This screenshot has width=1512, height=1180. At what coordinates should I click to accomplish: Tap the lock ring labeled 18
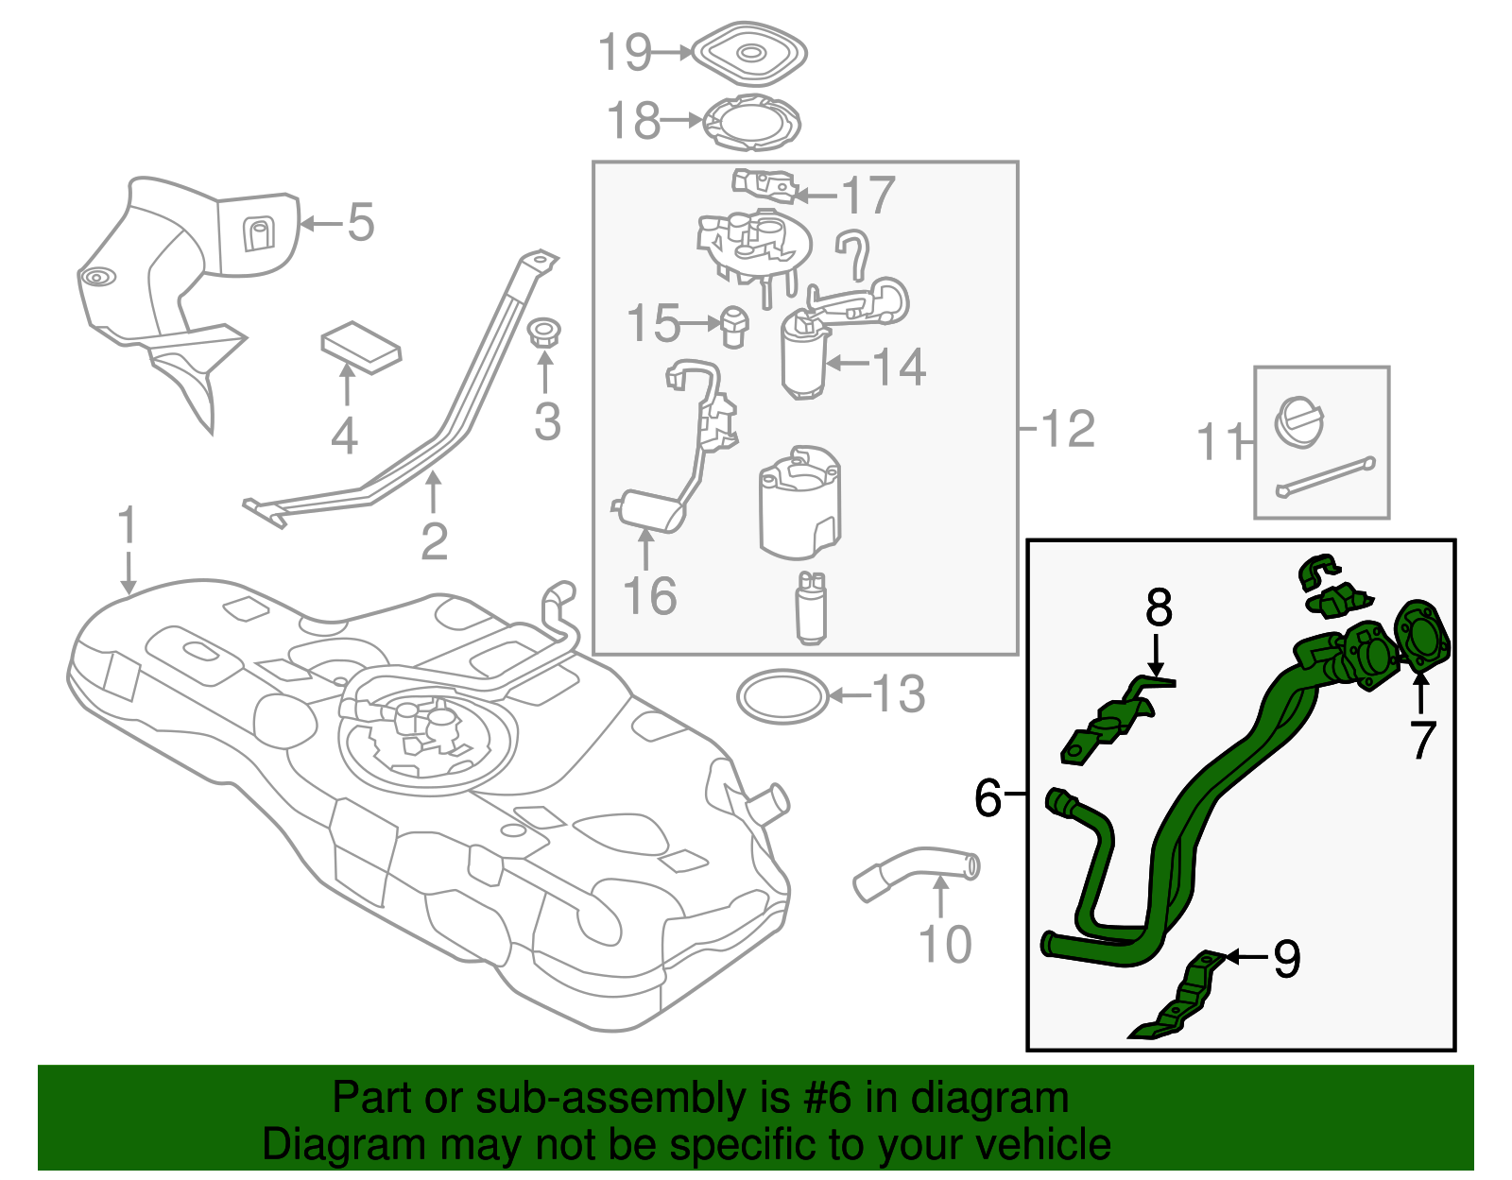pyautogui.click(x=753, y=123)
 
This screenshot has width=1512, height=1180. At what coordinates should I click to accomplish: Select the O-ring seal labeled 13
pyautogui.click(x=782, y=697)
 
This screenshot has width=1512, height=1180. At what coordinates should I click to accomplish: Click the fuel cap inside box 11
pyautogui.click(x=1300, y=420)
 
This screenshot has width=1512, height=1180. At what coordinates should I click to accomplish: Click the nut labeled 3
pyautogui.click(x=543, y=333)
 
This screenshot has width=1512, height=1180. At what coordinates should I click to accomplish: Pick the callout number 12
pyautogui.click(x=1068, y=429)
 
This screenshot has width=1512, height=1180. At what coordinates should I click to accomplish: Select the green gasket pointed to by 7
pyautogui.click(x=1422, y=638)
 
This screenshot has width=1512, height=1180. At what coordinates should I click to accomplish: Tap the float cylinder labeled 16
pyautogui.click(x=650, y=511)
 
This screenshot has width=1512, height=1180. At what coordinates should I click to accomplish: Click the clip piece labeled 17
pyautogui.click(x=764, y=184)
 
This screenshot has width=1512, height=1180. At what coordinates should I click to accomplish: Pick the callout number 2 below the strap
pyautogui.click(x=434, y=541)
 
